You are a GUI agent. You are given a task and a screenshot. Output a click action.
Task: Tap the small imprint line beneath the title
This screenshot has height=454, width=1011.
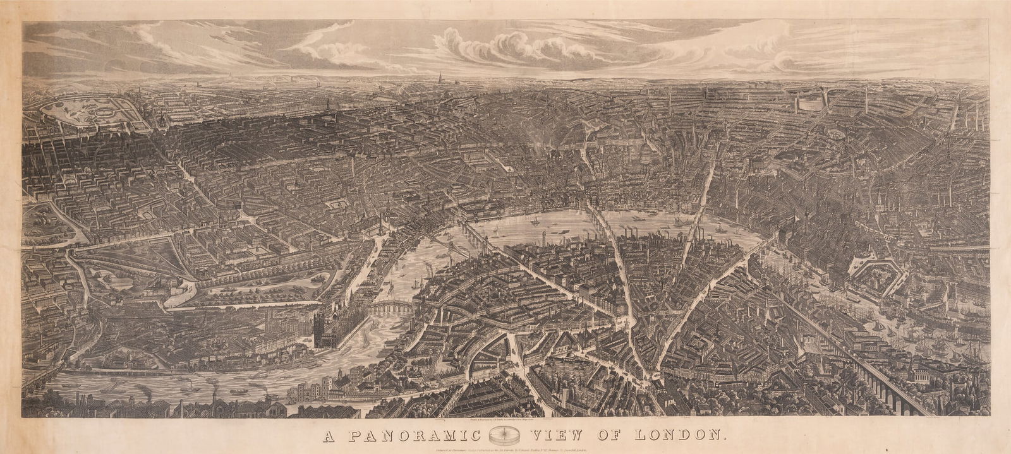pyautogui.click(x=505, y=450)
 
